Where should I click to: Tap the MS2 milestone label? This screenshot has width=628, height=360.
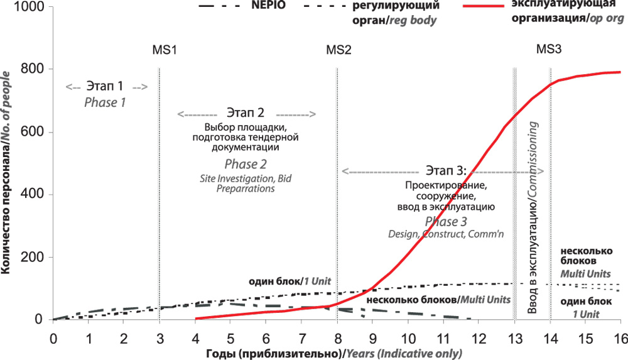[338, 50]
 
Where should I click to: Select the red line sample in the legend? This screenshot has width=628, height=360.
[484, 6]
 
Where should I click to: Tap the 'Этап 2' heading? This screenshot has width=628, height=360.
[246, 114]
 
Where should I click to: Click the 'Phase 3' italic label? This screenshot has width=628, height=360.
[446, 221]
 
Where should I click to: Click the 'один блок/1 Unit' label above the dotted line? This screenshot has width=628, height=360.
[290, 281]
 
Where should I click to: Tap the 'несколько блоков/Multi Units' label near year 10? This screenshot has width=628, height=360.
[437, 300]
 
